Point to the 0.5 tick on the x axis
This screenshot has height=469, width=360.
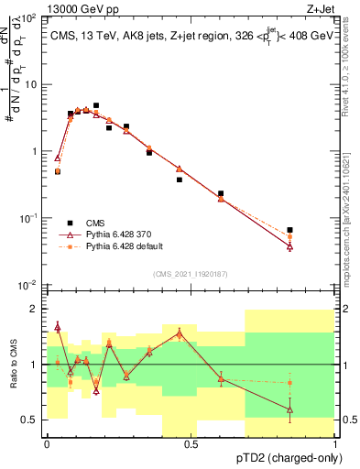click(191, 444)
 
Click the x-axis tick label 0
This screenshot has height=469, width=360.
click(47, 444)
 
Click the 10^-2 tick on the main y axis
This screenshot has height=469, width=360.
click(27, 285)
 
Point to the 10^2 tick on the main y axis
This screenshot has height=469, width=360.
click(27, 18)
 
